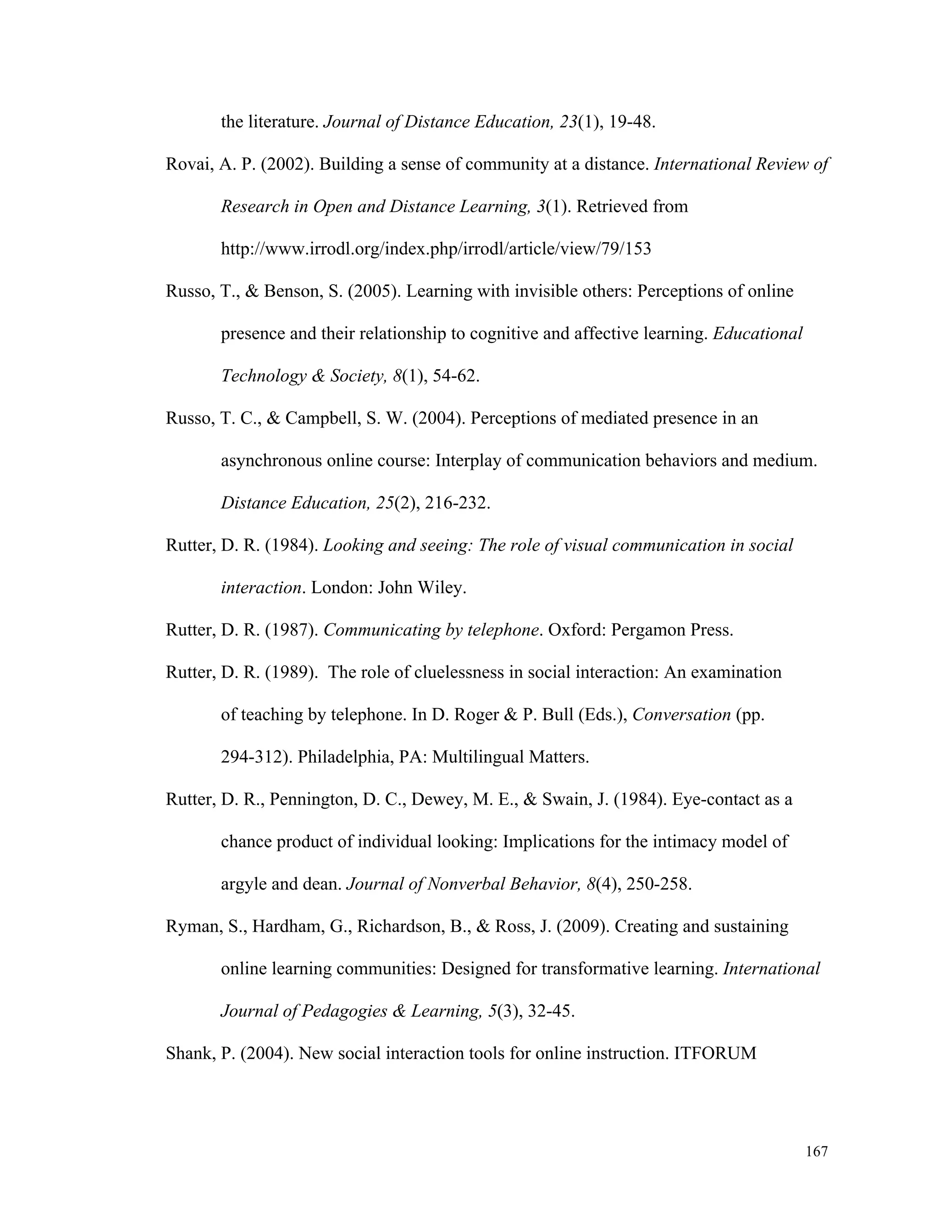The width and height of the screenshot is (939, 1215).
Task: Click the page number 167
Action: coord(817,1152)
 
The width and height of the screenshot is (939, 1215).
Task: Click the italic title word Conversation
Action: coord(681,715)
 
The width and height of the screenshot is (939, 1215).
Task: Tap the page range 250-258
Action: coord(659,884)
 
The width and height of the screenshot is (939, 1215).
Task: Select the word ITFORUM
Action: coord(715,1054)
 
